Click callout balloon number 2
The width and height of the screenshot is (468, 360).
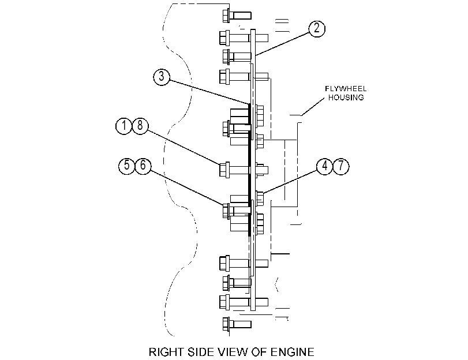[x=316, y=28]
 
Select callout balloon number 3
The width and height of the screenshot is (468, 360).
[x=162, y=77]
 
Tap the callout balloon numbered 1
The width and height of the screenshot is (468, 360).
[x=124, y=126]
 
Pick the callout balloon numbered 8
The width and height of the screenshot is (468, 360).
[x=140, y=126]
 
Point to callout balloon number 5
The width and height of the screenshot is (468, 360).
[x=127, y=166]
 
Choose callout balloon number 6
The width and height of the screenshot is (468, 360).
[x=143, y=166]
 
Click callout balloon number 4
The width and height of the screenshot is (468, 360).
[x=325, y=166]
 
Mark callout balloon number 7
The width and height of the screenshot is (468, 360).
[x=341, y=166]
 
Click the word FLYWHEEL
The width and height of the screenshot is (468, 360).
[x=346, y=89]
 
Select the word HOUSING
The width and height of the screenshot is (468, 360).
[x=346, y=97]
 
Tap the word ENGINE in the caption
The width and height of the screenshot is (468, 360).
[x=292, y=352]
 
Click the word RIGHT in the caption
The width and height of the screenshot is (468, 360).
[x=167, y=352]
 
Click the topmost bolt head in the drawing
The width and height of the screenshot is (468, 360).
[x=226, y=15]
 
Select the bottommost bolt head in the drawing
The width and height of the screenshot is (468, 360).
[x=226, y=324]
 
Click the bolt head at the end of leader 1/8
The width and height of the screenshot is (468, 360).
[x=224, y=170]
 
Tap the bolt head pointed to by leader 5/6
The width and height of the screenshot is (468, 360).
[x=226, y=211]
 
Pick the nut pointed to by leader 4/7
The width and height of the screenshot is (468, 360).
[x=260, y=198]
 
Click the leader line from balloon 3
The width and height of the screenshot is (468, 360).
[x=209, y=92]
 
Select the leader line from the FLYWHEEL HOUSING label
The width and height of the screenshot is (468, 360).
[x=313, y=107]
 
